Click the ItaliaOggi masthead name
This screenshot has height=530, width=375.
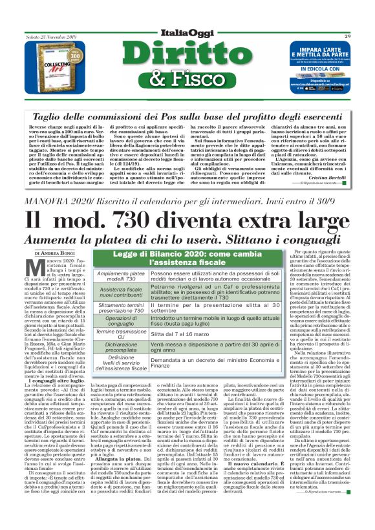[x=187, y=33]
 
